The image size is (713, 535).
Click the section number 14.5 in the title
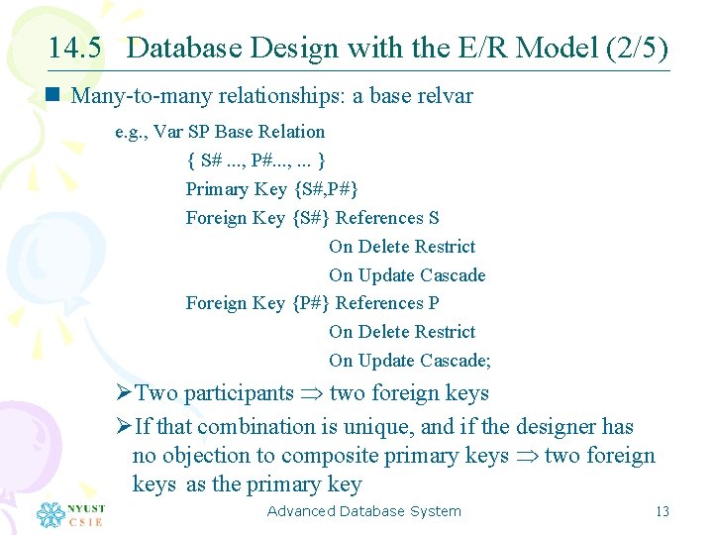(74, 48)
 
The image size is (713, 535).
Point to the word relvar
(447, 96)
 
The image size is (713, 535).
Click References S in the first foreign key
(387, 218)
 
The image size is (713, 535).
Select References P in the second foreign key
(387, 303)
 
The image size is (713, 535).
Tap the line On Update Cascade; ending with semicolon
(409, 361)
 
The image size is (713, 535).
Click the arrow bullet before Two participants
(124, 393)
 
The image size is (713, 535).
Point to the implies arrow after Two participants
(311, 394)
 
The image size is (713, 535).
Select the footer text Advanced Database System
(363, 511)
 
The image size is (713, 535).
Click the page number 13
(662, 511)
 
